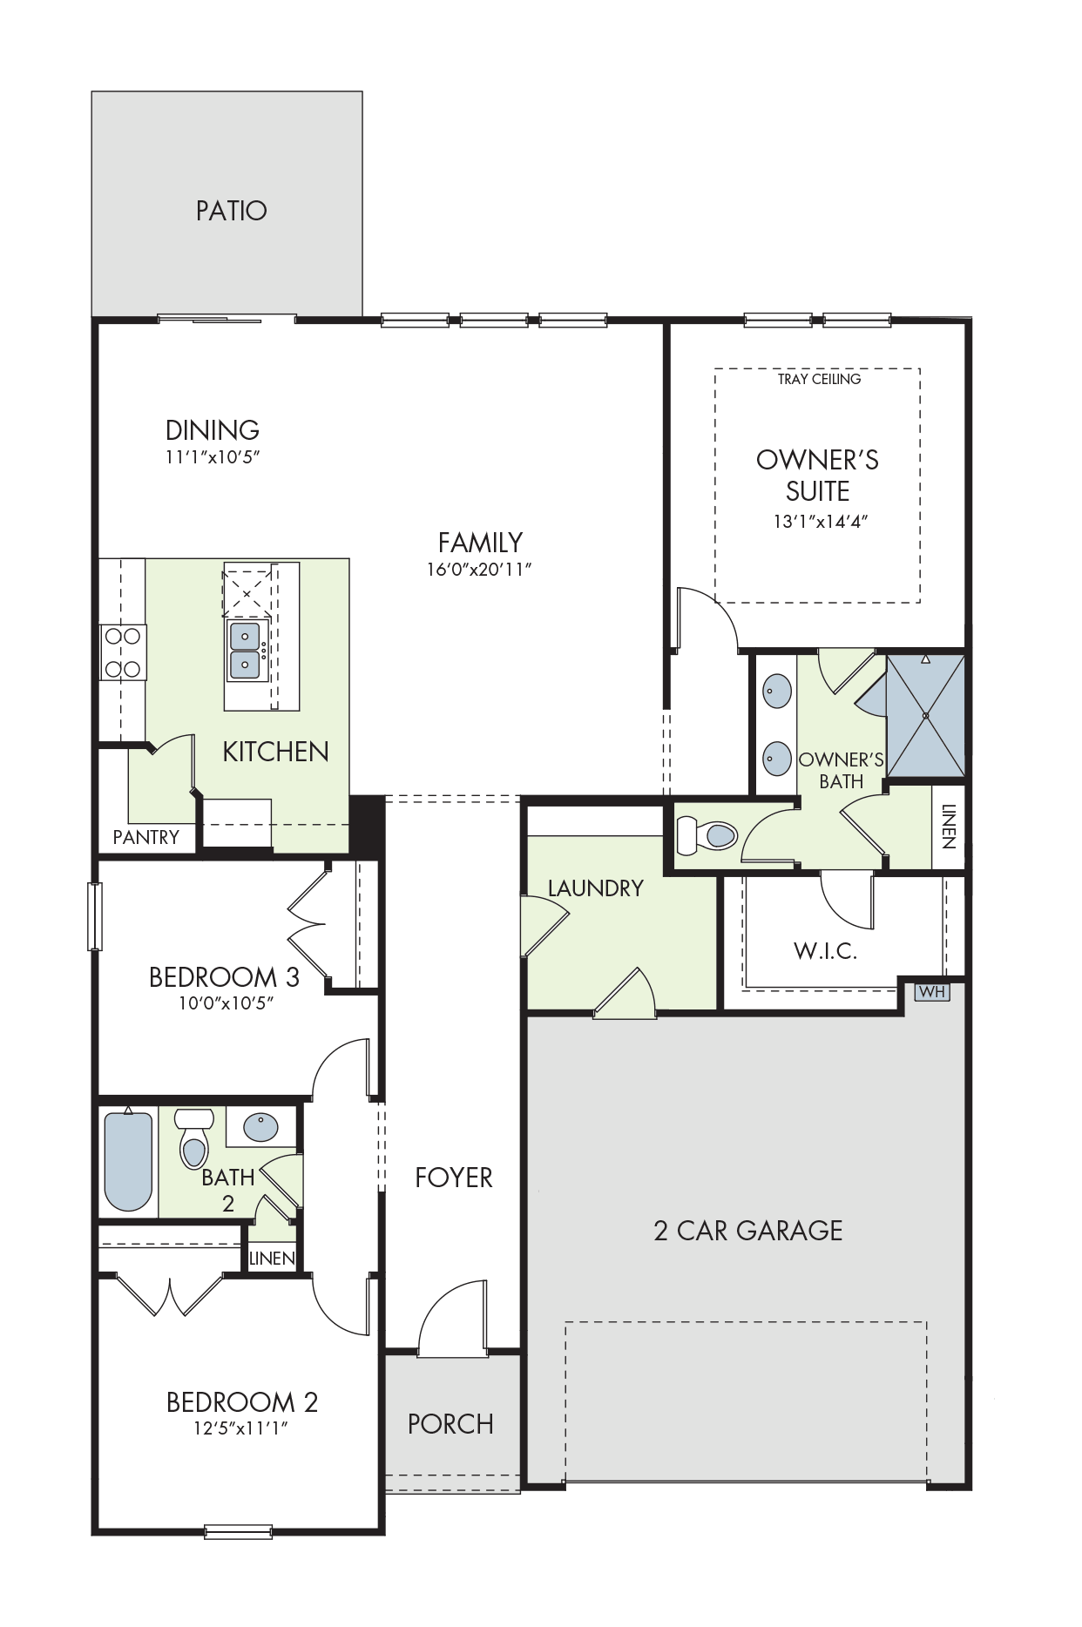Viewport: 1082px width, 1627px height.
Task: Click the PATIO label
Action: coord(231,211)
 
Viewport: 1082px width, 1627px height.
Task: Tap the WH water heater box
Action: coord(931,992)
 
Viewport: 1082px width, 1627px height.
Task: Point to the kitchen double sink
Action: coord(246,650)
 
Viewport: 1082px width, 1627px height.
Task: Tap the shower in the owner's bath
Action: coord(925,715)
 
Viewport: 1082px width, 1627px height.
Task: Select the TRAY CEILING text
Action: coord(819,379)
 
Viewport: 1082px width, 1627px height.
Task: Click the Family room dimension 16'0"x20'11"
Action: coord(479,570)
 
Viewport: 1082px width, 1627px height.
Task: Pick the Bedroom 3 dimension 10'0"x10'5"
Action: coord(227,1003)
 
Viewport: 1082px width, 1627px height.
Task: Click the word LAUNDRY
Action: coord(596,888)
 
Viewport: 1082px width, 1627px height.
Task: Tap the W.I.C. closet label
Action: coord(826,951)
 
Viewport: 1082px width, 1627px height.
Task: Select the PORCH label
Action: coord(450,1424)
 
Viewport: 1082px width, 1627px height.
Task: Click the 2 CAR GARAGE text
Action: coord(748,1231)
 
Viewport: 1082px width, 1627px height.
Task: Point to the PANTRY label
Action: coord(146,837)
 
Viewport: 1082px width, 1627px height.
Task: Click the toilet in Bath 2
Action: coord(194,1138)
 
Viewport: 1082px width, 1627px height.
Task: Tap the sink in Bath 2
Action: coord(261,1127)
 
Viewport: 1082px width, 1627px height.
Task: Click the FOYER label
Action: coord(454,1178)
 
